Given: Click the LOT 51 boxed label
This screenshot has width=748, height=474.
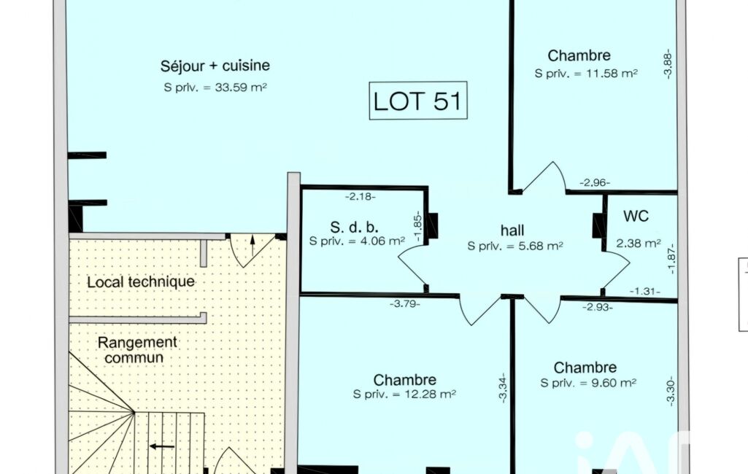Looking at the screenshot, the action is click(x=418, y=101).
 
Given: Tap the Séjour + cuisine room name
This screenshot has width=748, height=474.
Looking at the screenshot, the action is click(x=215, y=66).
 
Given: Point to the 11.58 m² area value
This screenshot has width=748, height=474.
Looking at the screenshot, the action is click(x=612, y=74).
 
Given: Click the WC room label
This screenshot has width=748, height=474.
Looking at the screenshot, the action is click(x=636, y=216).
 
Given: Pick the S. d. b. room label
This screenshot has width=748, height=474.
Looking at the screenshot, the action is click(x=354, y=227).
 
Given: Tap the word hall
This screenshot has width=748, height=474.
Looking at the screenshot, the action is click(x=512, y=230).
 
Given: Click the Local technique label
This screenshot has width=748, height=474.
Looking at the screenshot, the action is click(x=141, y=281).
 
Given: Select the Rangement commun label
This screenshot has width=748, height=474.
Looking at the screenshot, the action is click(x=137, y=350).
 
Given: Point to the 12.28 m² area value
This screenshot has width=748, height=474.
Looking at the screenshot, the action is click(x=431, y=395).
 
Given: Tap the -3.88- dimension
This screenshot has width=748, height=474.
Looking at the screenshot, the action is click(x=668, y=63).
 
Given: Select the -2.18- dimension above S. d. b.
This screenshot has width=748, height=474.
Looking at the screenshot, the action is click(x=360, y=196).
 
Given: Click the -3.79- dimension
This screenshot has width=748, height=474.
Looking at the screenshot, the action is click(x=405, y=303).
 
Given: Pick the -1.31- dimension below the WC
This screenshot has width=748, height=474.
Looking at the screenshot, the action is click(x=645, y=291).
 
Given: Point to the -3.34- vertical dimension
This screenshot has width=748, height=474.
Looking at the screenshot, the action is click(x=502, y=388).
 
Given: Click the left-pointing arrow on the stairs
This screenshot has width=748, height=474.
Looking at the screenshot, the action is click(x=162, y=447).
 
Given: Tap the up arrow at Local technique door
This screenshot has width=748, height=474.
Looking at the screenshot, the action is click(x=252, y=245).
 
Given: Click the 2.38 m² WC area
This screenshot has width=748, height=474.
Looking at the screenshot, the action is click(x=639, y=244).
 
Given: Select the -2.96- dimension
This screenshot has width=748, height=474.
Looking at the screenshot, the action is click(x=595, y=182).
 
